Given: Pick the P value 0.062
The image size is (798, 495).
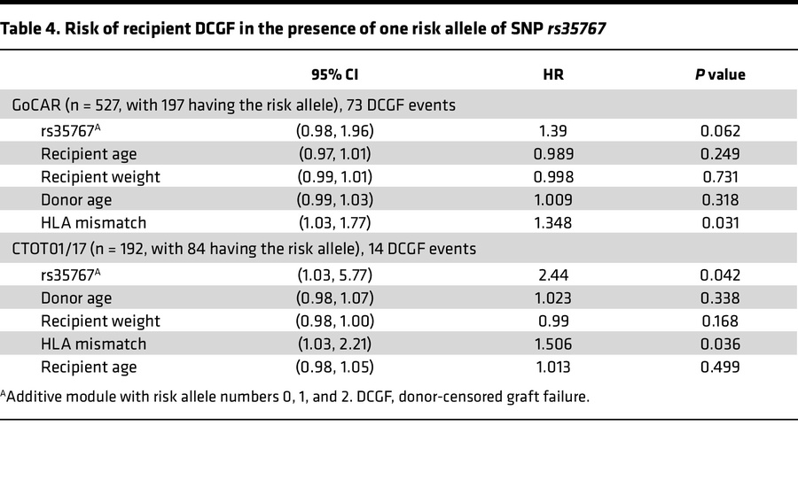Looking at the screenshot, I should (719, 130).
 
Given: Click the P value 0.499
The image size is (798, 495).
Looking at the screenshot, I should (719, 366).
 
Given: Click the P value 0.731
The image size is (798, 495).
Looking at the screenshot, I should (719, 176).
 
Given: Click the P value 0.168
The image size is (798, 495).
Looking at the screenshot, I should (719, 320).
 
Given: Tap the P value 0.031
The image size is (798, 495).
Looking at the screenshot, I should (719, 222).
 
